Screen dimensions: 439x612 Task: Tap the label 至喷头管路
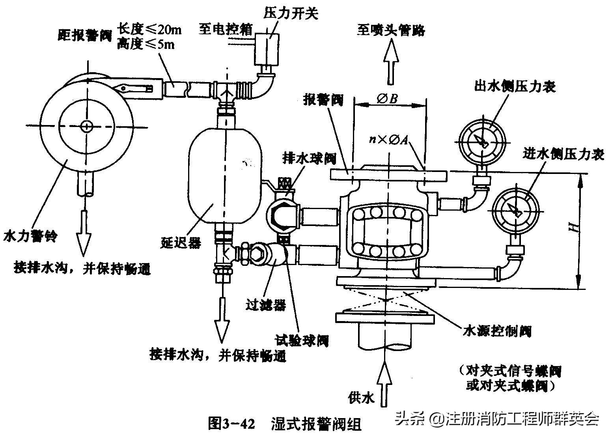391,30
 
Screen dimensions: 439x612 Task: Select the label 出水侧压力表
515,86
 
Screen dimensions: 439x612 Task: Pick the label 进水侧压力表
563,154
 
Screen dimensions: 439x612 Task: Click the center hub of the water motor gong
86,126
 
